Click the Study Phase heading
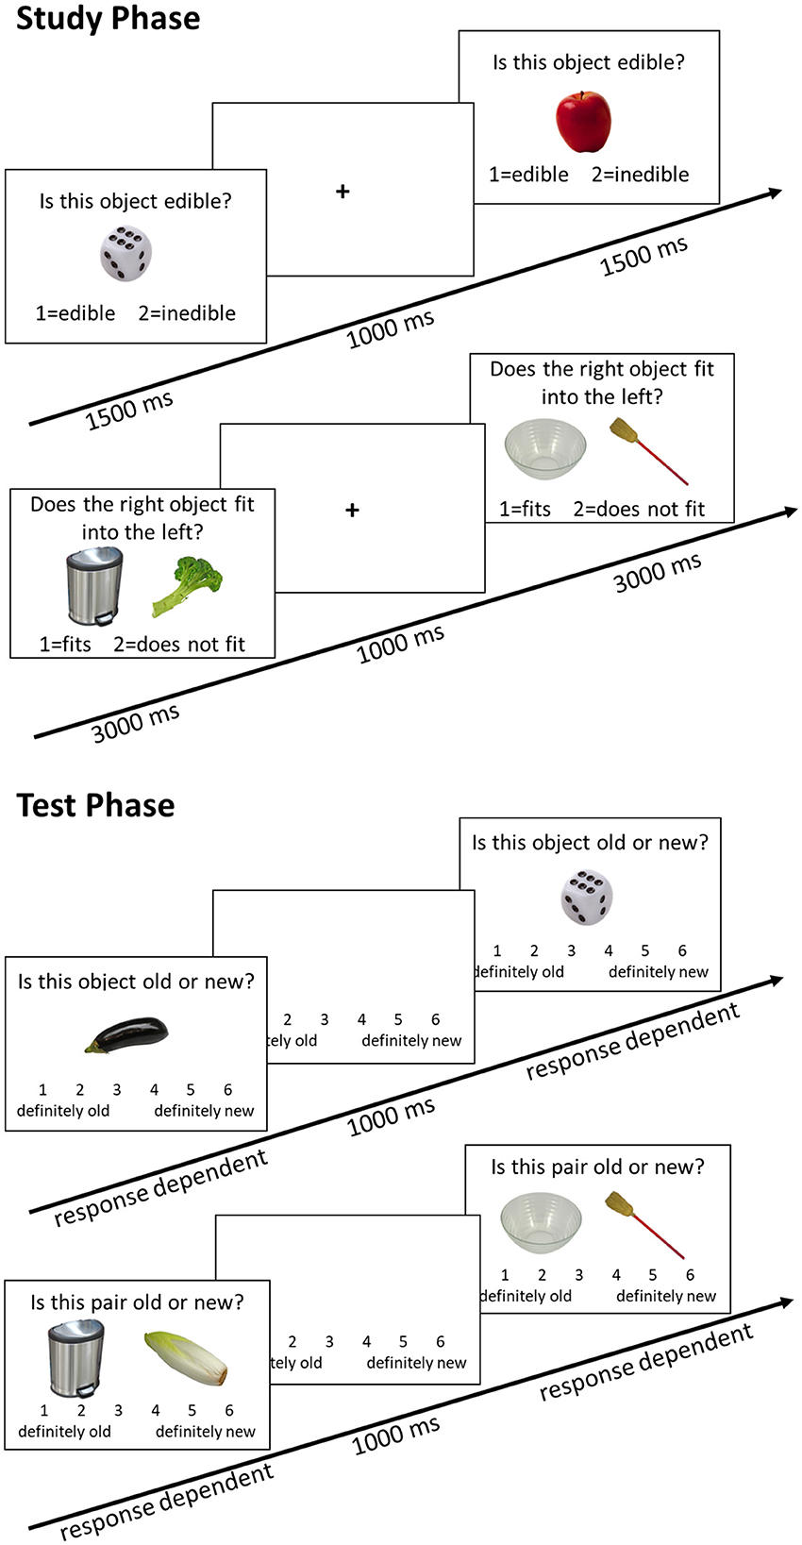click(x=108, y=19)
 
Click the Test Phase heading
click(x=95, y=805)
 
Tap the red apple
click(x=583, y=122)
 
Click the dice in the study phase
click(x=125, y=253)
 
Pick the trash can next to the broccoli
click(x=93, y=586)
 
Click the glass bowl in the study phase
click(x=544, y=450)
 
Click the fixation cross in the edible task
click(x=343, y=192)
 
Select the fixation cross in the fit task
click(x=352, y=511)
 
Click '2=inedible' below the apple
click(x=640, y=175)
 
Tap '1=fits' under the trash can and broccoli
click(x=65, y=645)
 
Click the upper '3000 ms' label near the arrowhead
click(x=658, y=573)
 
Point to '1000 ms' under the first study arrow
click(x=390, y=329)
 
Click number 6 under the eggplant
click(x=227, y=1090)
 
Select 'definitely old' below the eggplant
click(x=63, y=1111)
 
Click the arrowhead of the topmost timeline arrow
click(x=775, y=193)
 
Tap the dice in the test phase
click(x=586, y=898)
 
